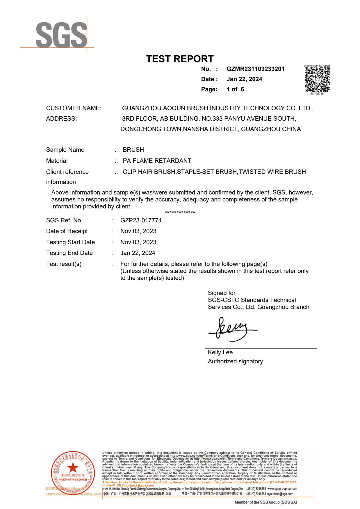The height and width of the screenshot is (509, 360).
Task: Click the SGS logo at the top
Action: tap(61, 35)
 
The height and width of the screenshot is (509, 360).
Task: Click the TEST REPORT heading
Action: tap(180, 59)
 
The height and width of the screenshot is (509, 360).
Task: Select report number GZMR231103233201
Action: tap(255, 69)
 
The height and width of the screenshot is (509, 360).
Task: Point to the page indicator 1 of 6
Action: tap(235, 89)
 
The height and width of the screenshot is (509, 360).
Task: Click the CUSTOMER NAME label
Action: tap(74, 108)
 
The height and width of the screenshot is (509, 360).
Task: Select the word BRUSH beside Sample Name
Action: tap(133, 150)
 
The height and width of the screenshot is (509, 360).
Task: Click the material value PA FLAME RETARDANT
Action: tap(157, 161)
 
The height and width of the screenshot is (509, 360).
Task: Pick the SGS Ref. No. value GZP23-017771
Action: tap(141, 220)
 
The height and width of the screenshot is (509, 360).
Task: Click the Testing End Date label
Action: tap(69, 253)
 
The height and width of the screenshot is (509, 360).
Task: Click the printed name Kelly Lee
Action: tap(220, 352)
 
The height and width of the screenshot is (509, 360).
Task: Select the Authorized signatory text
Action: tap(235, 361)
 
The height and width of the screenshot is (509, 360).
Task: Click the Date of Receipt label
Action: tap(67, 231)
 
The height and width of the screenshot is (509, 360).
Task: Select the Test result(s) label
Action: tap(64, 264)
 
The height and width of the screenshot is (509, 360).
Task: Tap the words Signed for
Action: tap(222, 293)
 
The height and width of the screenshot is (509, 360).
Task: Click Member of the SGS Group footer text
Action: tap(266, 502)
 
